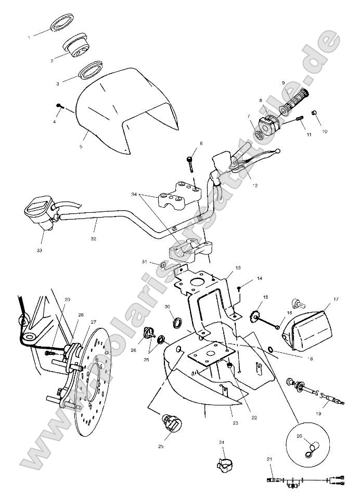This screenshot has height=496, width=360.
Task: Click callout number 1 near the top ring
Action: [x=29, y=38]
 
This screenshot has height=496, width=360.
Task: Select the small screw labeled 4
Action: [x=58, y=106]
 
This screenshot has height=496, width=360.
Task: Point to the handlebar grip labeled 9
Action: [x=294, y=101]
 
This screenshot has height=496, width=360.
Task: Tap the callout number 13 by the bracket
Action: [x=238, y=268]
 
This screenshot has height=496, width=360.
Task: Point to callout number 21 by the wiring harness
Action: [x=269, y=459]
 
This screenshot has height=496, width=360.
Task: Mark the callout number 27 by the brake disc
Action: [x=93, y=322]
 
